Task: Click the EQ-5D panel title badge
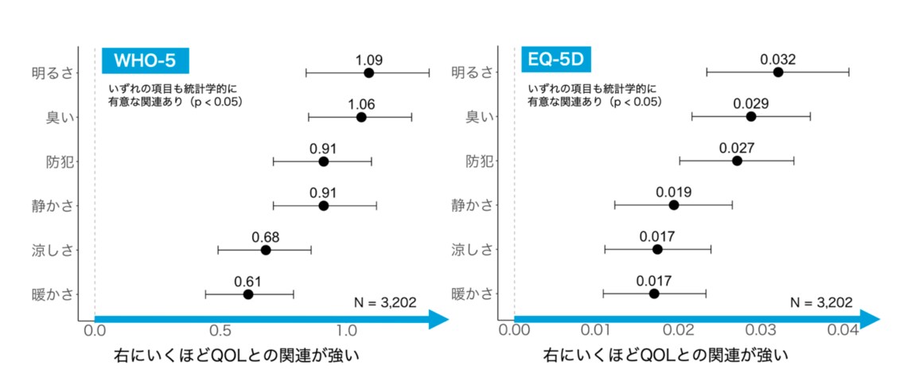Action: pyautogui.click(x=554, y=61)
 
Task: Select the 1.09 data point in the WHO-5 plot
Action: pyautogui.click(x=368, y=73)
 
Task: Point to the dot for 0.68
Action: pyautogui.click(x=266, y=250)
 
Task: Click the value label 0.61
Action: pyautogui.click(x=247, y=281)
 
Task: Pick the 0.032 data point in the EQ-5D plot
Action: pyautogui.click(x=778, y=72)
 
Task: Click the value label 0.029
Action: pyautogui.click(x=751, y=103)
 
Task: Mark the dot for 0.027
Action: pyautogui.click(x=737, y=161)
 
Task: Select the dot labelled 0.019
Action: pyautogui.click(x=674, y=205)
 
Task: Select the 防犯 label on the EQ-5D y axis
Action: pyautogui.click(x=478, y=161)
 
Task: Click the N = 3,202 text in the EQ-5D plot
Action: pyautogui.click(x=821, y=302)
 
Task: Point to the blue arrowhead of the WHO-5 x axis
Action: pyautogui.click(x=438, y=320)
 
